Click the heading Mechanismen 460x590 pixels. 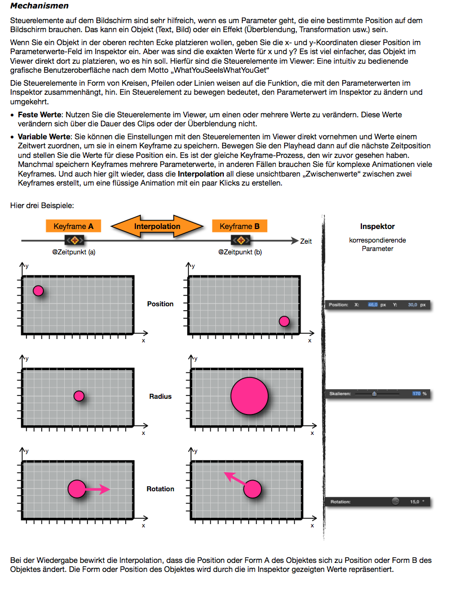(39, 6)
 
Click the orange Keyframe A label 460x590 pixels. (73, 226)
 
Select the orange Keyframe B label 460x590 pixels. (240, 226)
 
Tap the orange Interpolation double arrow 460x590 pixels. (157, 227)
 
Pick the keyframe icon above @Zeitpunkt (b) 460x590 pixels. (240, 240)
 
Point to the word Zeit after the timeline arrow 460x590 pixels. (306, 241)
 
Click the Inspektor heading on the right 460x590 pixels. (377, 226)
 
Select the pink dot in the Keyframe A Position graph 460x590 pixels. (38, 290)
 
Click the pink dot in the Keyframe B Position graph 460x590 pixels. (284, 322)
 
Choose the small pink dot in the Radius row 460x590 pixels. (79, 395)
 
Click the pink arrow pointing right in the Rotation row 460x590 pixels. (98, 489)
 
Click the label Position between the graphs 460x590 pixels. (160, 304)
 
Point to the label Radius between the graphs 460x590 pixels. (160, 397)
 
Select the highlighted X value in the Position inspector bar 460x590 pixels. (373, 305)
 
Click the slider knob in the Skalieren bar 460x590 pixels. (374, 394)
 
